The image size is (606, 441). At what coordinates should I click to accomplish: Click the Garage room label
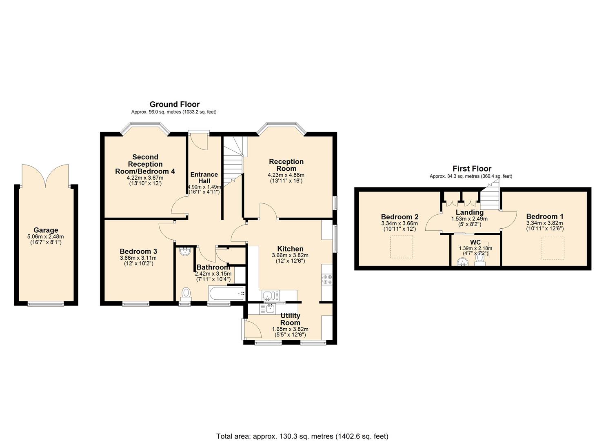pos(45,230)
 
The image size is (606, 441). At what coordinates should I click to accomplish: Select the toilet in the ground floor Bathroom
pos(186,294)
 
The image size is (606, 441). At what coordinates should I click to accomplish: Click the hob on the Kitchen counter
pos(327,279)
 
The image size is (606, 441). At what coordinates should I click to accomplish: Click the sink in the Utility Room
pos(269,309)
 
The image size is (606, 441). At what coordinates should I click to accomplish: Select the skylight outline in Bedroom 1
pos(553,248)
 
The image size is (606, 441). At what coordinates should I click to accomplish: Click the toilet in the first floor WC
pos(480,258)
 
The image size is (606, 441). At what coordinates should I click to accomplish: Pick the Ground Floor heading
pos(174,104)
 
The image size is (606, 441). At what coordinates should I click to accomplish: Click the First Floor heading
pos(471,169)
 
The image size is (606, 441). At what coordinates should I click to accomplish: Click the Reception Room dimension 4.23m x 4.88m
pos(286,175)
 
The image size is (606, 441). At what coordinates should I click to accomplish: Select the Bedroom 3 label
pos(138,252)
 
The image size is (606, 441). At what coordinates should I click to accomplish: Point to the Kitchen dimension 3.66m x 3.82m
pos(290,255)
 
